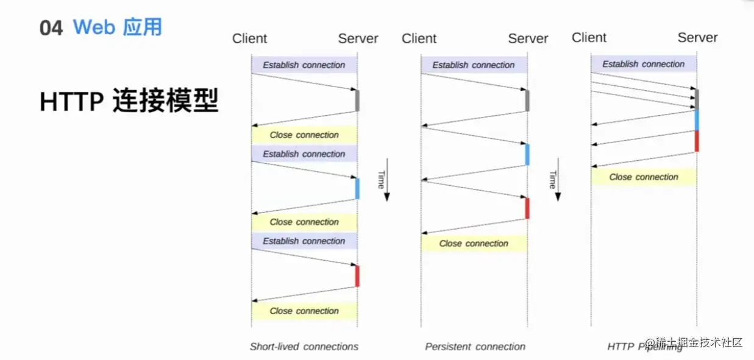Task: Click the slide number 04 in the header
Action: click(x=51, y=28)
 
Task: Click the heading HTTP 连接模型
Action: click(x=129, y=101)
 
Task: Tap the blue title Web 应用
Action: click(x=117, y=27)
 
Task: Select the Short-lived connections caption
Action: click(x=304, y=347)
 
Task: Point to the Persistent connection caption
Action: click(x=475, y=347)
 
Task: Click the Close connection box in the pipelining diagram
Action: click(x=643, y=177)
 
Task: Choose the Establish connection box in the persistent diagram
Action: click(x=474, y=65)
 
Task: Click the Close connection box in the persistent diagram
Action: click(x=474, y=244)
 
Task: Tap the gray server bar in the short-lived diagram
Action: click(x=357, y=101)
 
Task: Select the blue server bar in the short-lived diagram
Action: click(x=357, y=188)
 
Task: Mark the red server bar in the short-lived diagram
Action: click(x=357, y=276)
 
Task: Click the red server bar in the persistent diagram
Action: click(x=527, y=208)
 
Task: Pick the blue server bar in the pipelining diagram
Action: click(x=697, y=120)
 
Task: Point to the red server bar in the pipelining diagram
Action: click(x=697, y=141)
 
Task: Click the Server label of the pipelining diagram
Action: click(x=697, y=38)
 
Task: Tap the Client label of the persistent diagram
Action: click(x=419, y=38)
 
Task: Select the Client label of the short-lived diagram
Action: click(x=249, y=38)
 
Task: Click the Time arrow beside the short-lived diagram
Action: click(x=385, y=180)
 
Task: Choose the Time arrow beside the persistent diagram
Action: click(x=555, y=180)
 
